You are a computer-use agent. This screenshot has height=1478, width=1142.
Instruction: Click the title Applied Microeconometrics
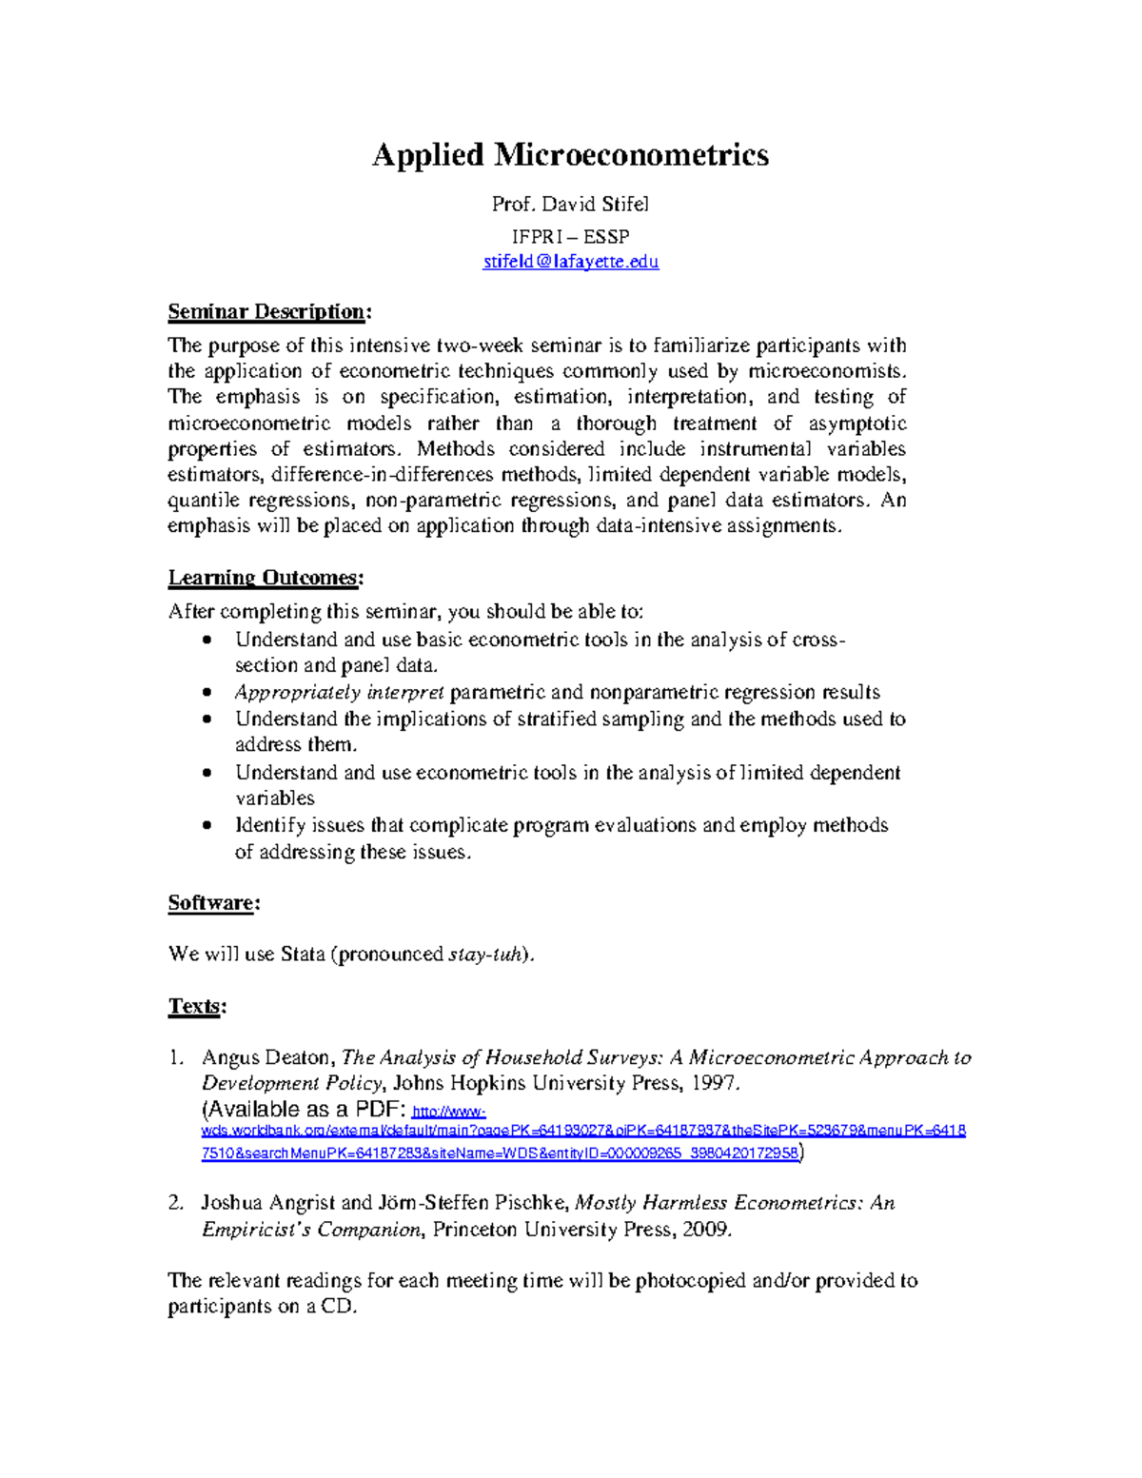570,154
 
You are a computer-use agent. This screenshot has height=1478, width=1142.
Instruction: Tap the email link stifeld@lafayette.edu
570,261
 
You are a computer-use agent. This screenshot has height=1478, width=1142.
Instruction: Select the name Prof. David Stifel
570,204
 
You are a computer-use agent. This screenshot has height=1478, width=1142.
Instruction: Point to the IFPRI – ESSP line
570,236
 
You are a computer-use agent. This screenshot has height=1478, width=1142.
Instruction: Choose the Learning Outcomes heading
266,578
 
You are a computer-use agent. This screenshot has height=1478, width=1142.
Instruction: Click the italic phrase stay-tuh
486,954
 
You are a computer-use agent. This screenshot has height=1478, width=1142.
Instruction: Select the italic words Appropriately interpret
340,692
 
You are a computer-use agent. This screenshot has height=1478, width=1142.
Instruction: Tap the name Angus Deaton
266,1057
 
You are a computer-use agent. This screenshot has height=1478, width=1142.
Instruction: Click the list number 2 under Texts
175,1203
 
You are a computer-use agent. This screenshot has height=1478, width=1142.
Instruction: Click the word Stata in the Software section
303,954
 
